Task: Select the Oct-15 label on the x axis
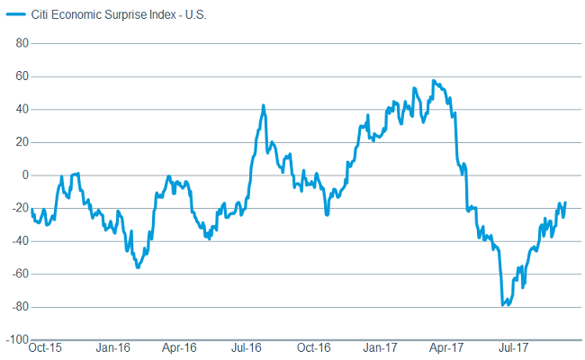tap(45, 346)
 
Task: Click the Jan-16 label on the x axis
tap(112, 346)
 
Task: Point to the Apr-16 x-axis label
tap(179, 346)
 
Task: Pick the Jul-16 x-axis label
tap(246, 346)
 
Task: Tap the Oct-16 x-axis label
tap(313, 346)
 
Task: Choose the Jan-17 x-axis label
tap(381, 346)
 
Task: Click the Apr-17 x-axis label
tap(446, 346)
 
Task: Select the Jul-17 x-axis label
tap(514, 346)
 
